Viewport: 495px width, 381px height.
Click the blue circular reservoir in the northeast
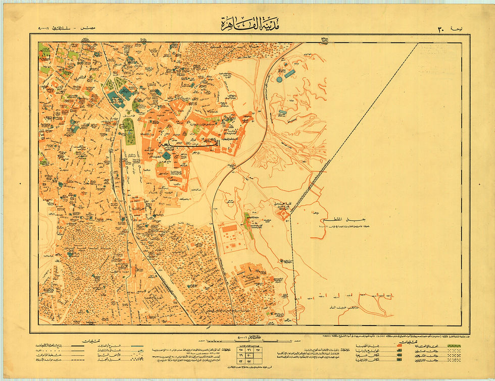[x=279, y=79]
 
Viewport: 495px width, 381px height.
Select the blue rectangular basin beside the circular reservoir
[x=289, y=74]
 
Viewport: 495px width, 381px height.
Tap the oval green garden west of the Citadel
[x=130, y=131]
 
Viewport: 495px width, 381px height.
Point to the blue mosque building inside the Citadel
[x=166, y=155]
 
